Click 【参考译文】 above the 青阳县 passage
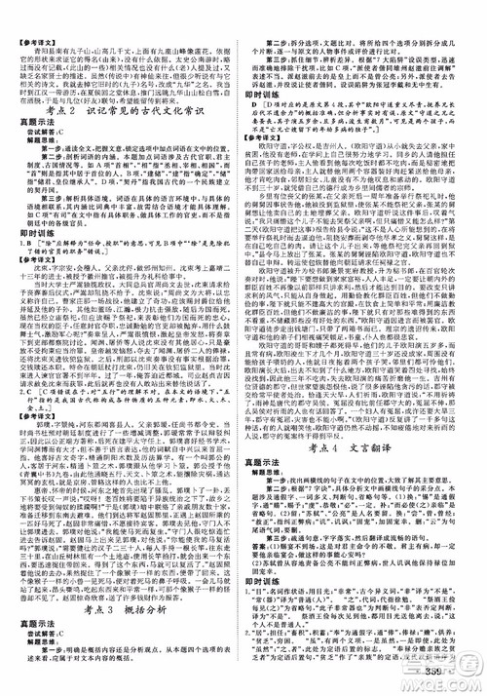(x=34, y=12)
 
